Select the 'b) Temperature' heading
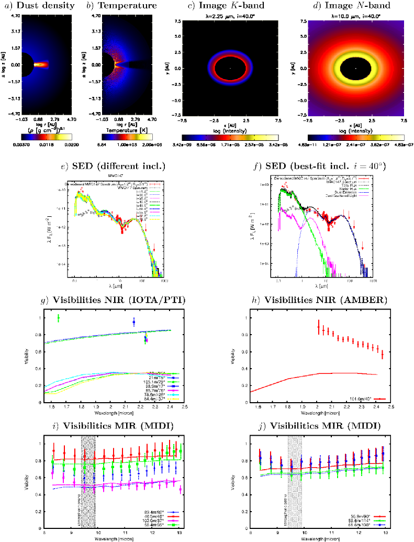(x=121, y=6)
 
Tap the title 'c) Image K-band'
(x=230, y=6)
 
